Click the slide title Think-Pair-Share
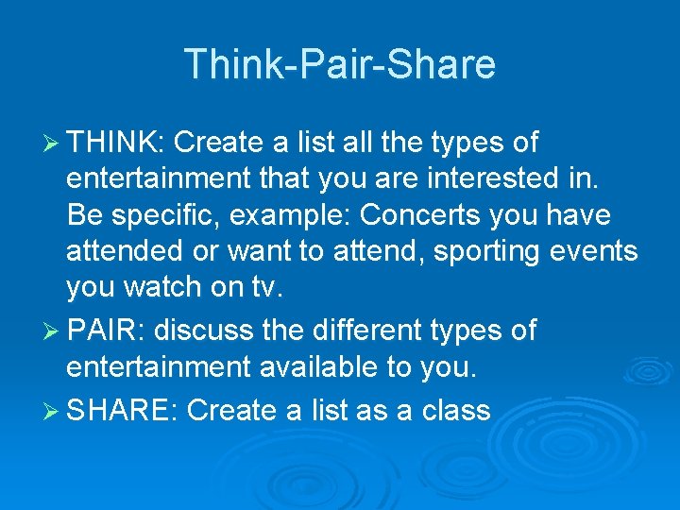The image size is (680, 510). pos(340,64)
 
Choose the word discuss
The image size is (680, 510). pos(203,331)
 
